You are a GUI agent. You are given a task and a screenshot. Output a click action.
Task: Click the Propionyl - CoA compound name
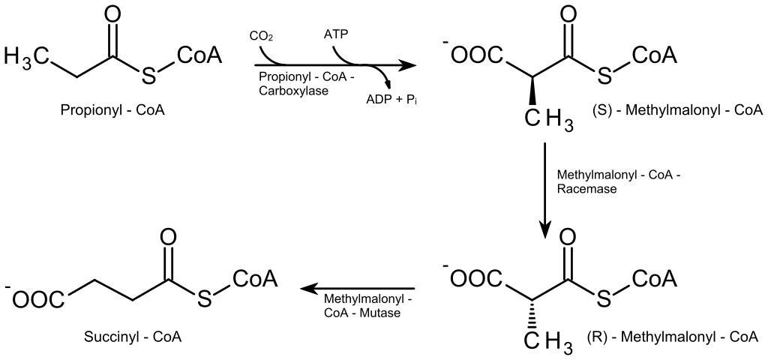tap(112, 110)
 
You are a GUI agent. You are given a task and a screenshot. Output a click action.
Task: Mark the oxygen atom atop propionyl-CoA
tap(112, 14)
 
